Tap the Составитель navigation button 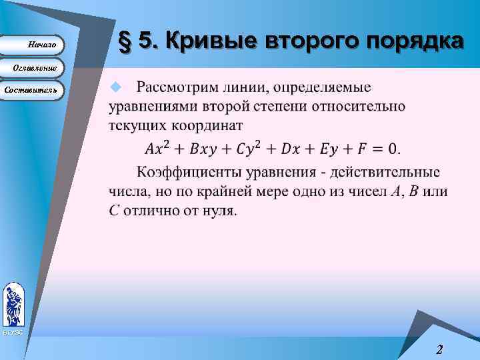tap(31, 89)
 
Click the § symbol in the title tap(123, 42)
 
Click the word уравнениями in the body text tap(152, 107)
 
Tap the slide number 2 tap(439, 349)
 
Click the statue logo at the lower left tap(13, 305)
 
